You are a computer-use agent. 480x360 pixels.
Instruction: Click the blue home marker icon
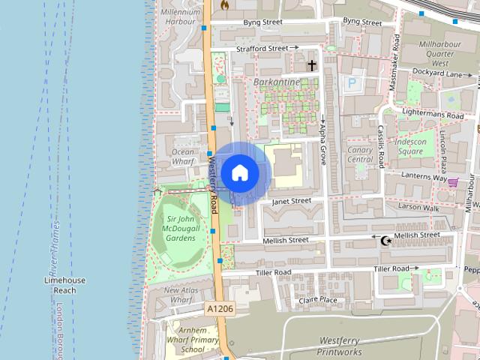click(x=239, y=172)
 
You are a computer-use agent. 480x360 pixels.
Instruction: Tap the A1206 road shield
click(x=220, y=308)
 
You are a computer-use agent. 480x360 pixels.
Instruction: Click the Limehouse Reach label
click(x=64, y=285)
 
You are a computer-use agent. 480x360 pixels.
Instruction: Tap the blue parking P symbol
click(x=351, y=83)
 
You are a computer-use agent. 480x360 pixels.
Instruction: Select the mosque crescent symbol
click(x=386, y=240)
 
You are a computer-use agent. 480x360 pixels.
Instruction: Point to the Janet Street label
click(x=291, y=201)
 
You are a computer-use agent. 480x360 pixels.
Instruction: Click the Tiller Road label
click(x=271, y=272)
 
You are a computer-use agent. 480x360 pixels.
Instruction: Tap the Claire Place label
click(x=317, y=300)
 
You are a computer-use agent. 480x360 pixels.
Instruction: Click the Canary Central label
click(x=360, y=154)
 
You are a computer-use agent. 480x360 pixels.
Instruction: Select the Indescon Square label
click(x=410, y=146)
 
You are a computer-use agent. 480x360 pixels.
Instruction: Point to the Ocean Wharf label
click(x=182, y=156)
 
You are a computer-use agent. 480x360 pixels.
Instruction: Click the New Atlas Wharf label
click(x=178, y=295)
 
